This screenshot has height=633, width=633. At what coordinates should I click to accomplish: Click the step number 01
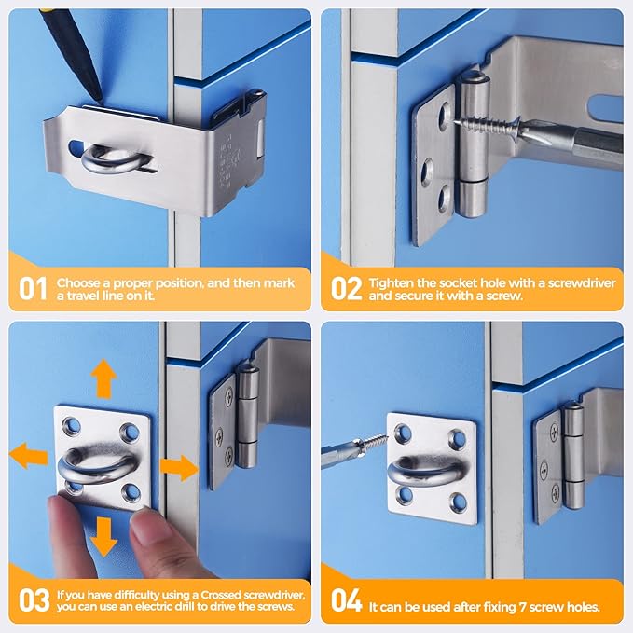[34, 288]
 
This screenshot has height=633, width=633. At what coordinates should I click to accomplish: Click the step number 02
[347, 288]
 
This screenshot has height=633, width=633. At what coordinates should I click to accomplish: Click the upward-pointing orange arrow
[103, 379]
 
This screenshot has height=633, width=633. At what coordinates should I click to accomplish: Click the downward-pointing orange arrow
[103, 535]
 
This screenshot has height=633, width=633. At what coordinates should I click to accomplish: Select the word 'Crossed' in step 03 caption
[220, 595]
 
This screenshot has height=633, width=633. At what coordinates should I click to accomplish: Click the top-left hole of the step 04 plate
[404, 433]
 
